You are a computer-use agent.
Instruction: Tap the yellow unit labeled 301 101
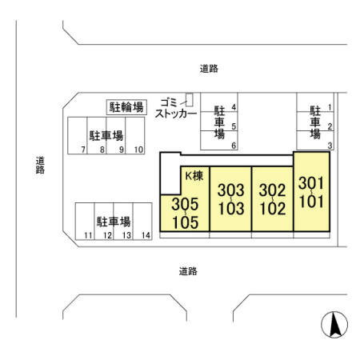tap(310, 192)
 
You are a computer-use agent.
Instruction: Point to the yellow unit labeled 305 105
tap(184, 213)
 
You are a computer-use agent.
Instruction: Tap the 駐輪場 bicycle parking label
tap(126, 106)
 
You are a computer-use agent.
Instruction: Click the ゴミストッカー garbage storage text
tap(176, 108)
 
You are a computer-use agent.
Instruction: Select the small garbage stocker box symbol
tap(190, 100)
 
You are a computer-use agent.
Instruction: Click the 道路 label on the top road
tap(209, 69)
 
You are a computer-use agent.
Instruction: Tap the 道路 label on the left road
tap(39, 165)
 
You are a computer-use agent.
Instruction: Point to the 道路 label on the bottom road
tap(188, 271)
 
